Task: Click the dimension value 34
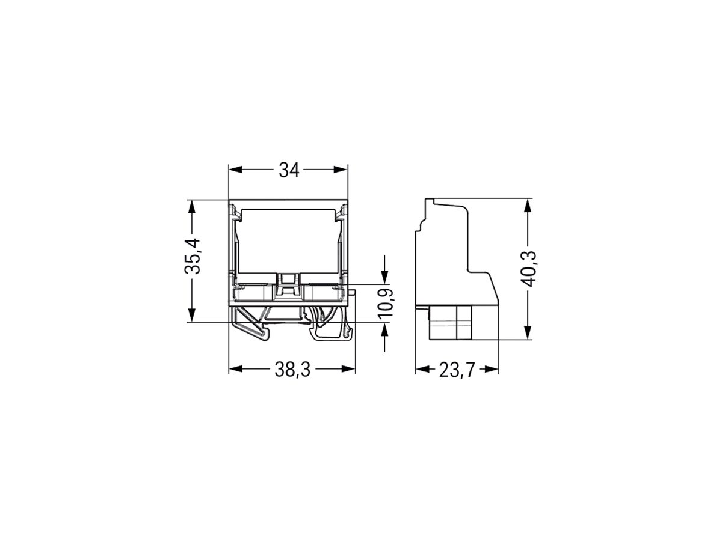coord(289,171)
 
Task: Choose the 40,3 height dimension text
coord(528,269)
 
